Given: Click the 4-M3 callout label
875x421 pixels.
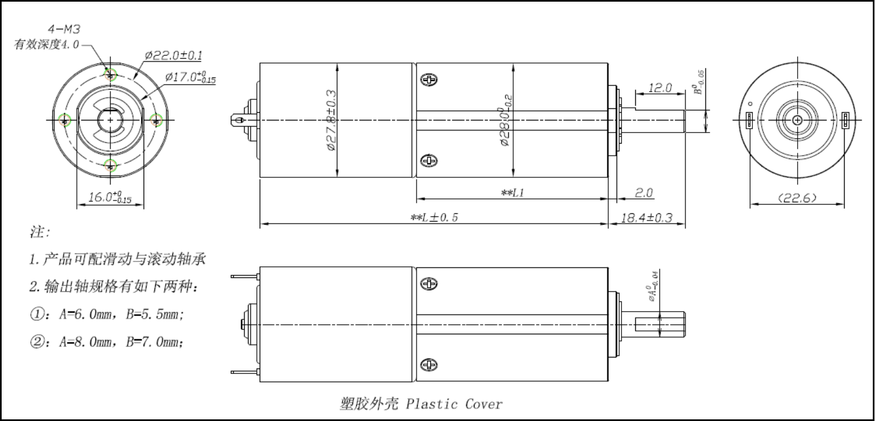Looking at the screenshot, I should (x=64, y=29).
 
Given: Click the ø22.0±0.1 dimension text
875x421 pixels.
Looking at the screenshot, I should (x=173, y=55).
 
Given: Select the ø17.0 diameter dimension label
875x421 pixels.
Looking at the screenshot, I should (x=190, y=77).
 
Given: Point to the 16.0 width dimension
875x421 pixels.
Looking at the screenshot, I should (x=110, y=197).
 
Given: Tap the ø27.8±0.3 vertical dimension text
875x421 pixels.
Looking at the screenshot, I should (x=331, y=120).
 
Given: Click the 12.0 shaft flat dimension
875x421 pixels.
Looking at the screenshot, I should (x=660, y=88).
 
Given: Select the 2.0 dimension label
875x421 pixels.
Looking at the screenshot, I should (x=644, y=193).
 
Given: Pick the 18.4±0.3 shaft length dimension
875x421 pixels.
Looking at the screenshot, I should (x=646, y=218).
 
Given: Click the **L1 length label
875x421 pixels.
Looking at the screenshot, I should (x=512, y=193).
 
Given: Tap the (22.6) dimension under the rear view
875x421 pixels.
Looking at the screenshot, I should (x=797, y=198).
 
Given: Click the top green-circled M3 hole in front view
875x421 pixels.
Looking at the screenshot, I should (x=111, y=75).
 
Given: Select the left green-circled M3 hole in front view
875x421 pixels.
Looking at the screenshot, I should (x=66, y=120).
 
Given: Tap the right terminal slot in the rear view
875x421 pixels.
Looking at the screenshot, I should (x=845, y=120).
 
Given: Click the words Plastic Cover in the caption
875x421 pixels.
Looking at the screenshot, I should (x=454, y=404).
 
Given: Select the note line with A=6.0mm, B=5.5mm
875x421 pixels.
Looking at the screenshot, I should (x=107, y=314).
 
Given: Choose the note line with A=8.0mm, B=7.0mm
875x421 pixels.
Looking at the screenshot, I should (x=107, y=342).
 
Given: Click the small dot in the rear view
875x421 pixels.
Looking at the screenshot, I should (x=750, y=103).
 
